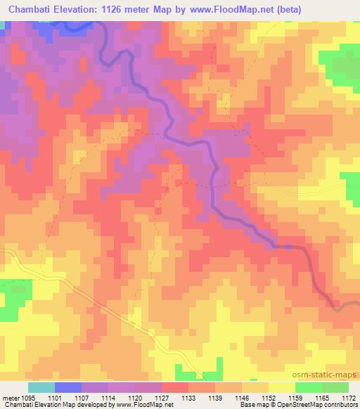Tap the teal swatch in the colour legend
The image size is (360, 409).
41,387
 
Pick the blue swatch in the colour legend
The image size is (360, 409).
68,387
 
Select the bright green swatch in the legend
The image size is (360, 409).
309,387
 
